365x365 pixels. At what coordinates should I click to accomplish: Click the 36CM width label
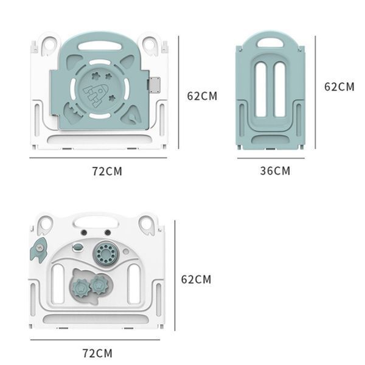tap(275, 170)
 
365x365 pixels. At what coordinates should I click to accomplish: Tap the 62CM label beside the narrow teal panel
tap(339, 86)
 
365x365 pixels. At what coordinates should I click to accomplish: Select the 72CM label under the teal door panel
tap(107, 171)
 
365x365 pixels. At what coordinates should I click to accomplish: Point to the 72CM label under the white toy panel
tap(97, 353)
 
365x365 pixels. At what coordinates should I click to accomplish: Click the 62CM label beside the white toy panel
tap(196, 279)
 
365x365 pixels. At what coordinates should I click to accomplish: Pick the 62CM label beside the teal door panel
tap(202, 96)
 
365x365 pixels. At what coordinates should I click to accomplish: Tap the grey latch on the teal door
tap(154, 85)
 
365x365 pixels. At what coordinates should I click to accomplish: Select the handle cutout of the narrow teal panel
tap(270, 43)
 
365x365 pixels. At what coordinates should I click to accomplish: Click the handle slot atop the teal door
tap(100, 46)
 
